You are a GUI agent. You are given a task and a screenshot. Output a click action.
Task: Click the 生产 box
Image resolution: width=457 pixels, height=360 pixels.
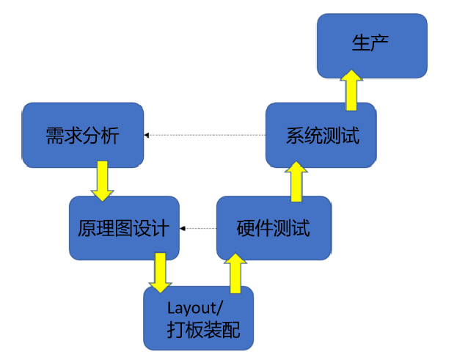[371, 45]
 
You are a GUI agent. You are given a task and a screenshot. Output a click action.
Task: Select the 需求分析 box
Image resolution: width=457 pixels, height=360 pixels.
[82, 136]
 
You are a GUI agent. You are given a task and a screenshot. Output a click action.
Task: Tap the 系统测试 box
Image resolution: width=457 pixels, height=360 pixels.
[321, 135]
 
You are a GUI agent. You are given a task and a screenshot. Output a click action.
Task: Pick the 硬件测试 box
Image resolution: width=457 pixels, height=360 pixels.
[273, 228]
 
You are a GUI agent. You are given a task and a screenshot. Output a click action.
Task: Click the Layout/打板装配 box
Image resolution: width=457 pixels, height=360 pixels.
[198, 317]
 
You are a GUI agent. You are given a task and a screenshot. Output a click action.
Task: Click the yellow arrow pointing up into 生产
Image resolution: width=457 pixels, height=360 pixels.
[351, 89]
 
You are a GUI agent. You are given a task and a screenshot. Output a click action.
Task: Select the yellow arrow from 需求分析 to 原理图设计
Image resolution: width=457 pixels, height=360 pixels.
[101, 181]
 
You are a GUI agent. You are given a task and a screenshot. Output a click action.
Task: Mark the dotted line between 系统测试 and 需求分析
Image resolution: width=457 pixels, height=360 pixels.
[205, 135]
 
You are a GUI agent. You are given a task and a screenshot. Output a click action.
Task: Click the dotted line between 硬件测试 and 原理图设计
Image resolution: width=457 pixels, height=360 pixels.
[200, 228]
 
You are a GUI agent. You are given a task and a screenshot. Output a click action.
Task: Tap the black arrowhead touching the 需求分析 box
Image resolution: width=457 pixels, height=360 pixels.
[147, 135]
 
